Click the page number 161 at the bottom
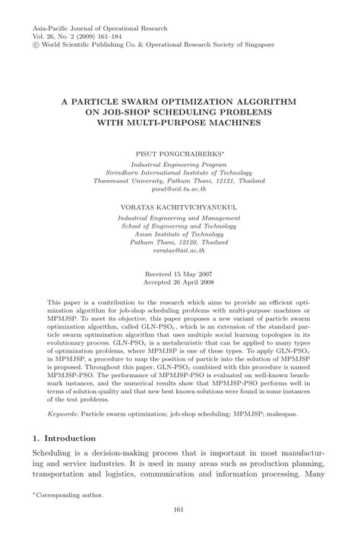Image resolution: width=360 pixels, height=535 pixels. click(x=180, y=510)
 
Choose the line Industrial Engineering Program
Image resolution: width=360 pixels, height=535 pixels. click(x=180, y=143)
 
